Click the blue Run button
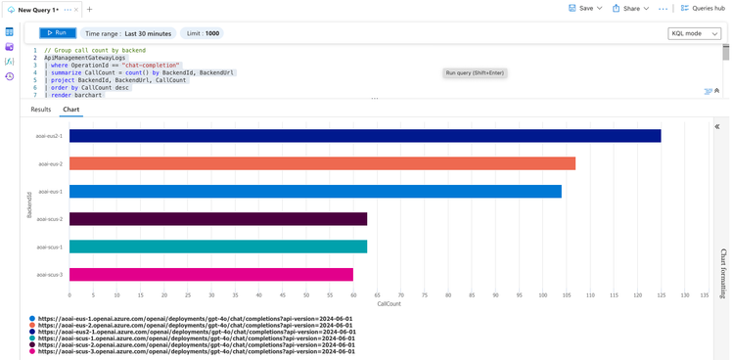pos(58,33)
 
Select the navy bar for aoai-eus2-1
pos(364,136)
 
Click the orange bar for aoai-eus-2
pos(322,163)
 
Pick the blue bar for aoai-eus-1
pos(315,192)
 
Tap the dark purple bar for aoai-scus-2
pos(217,219)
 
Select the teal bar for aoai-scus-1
pos(217,247)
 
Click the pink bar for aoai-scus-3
pos(210,275)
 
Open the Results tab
pos(41,110)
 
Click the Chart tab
pos(71,110)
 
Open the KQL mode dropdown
pos(695,33)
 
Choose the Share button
pos(626,8)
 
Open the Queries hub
pos(703,8)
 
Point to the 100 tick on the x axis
pos(542,294)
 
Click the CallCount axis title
pos(389,304)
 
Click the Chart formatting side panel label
pos(723,274)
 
